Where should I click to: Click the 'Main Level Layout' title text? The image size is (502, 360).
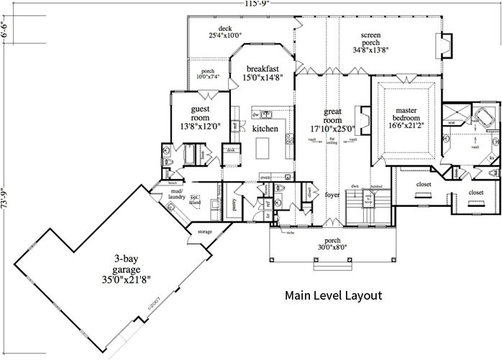tap(333, 295)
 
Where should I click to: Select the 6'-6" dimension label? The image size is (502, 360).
tap(5, 33)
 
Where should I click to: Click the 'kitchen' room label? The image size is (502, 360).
tap(265, 129)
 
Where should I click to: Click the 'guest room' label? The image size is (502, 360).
tap(200, 114)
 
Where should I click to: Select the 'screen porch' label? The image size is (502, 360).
tap(371, 39)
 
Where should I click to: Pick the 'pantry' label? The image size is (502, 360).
tap(235, 203)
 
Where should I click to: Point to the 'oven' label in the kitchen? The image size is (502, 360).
tap(265, 176)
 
